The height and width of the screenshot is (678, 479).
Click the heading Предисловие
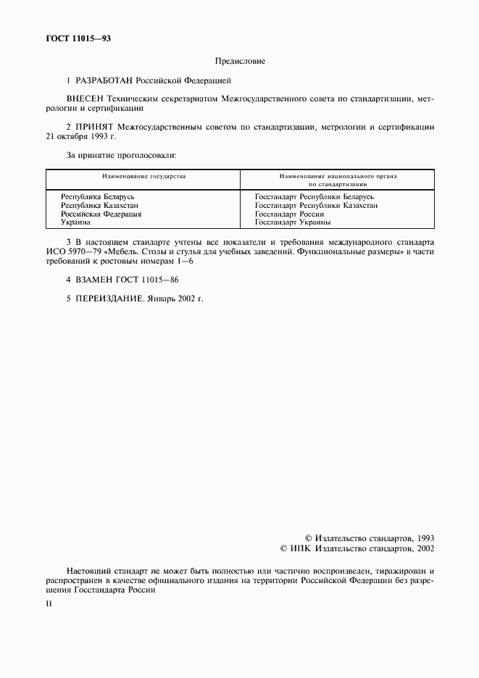pos(239,61)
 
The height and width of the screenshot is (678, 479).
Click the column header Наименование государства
pos(143,176)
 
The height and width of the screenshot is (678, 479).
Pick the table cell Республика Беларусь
pos(98,196)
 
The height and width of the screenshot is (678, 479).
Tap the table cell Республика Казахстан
pos(99,205)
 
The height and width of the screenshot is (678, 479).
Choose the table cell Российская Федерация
pos(101,214)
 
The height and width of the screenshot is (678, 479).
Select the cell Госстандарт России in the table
pos(289,214)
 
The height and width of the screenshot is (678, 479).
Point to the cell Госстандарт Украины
pos(293,222)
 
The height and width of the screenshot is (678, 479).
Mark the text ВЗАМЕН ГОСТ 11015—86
pos(127,279)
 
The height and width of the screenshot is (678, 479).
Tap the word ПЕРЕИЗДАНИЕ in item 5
pos(110,298)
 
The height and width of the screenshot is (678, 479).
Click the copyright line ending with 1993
pos(369,538)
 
